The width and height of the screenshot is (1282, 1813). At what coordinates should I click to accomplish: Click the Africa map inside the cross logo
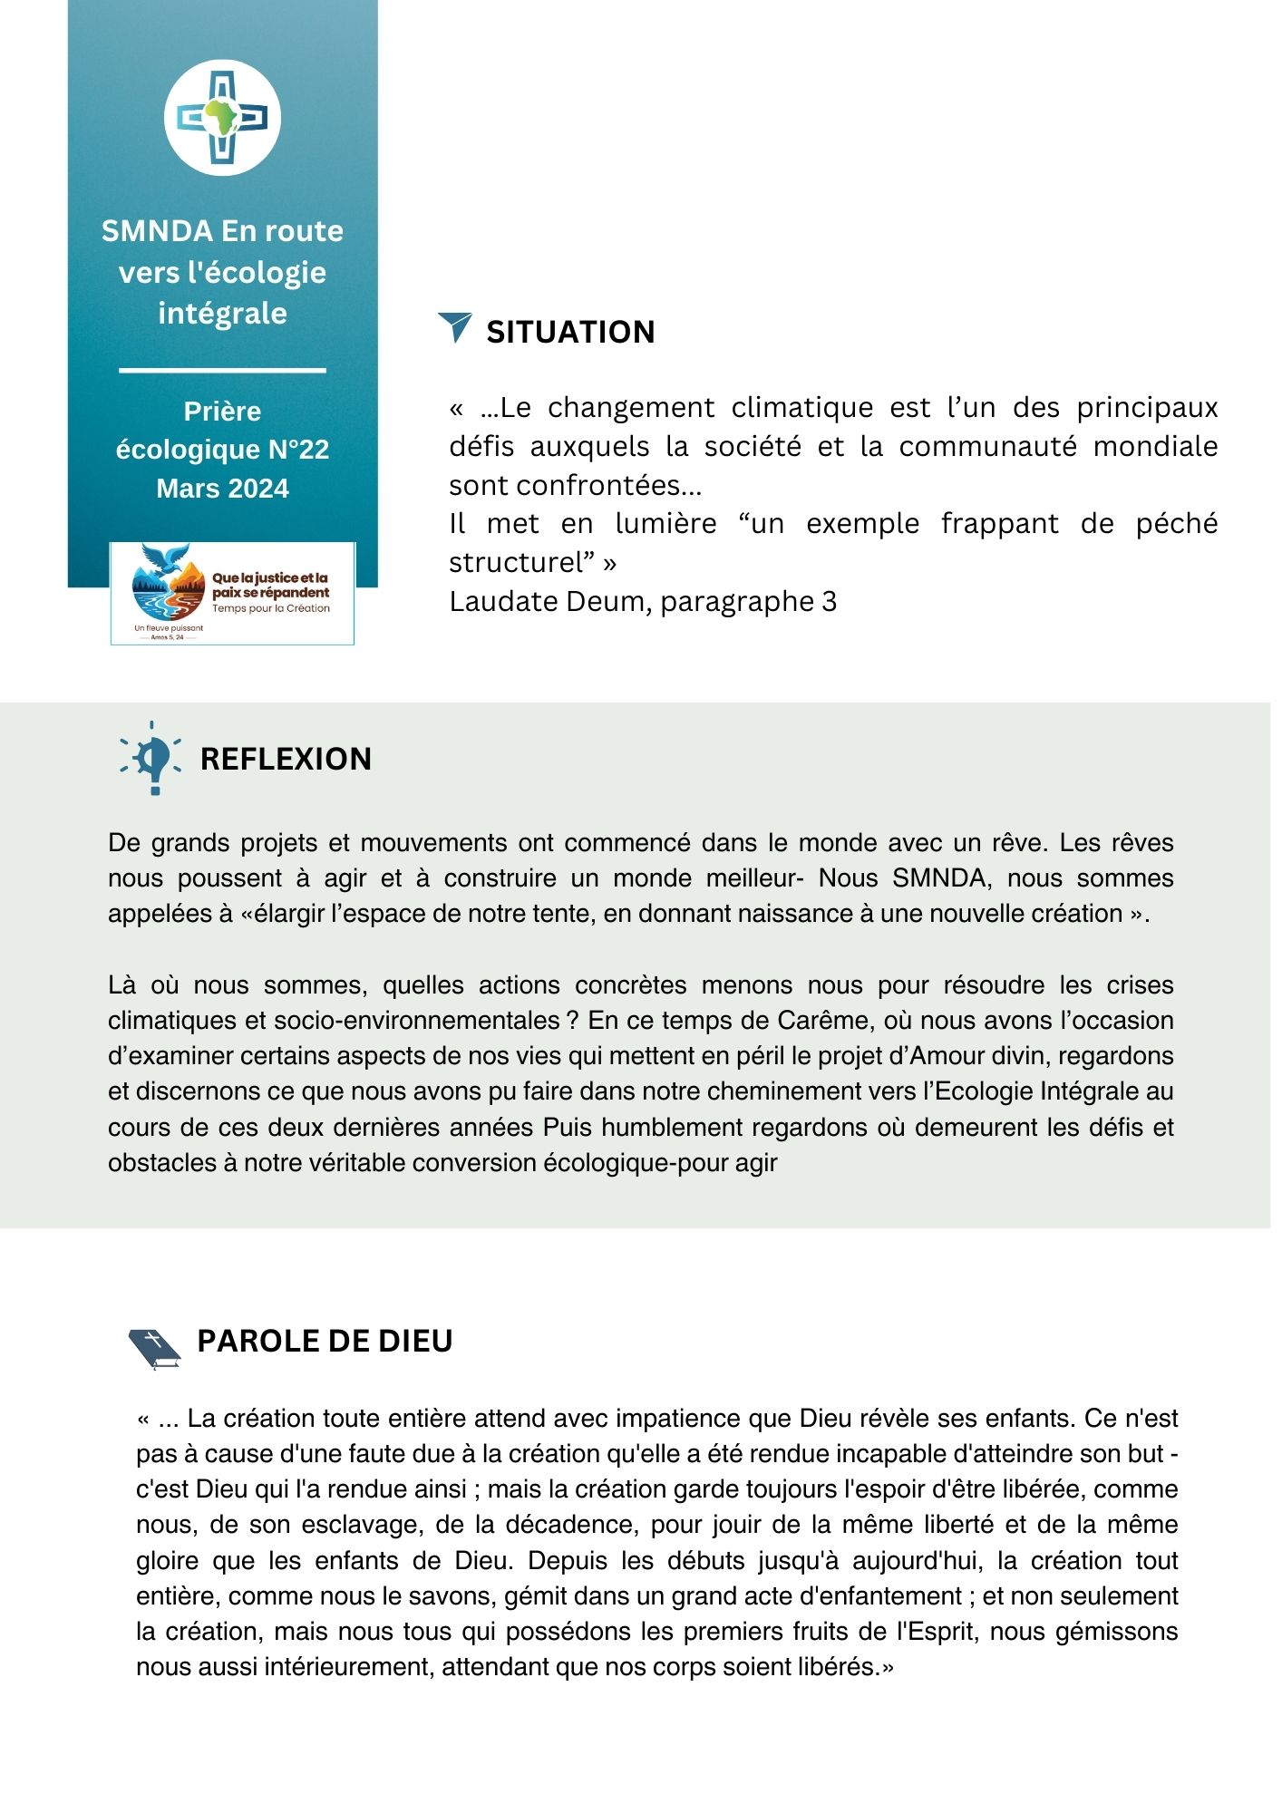(222, 118)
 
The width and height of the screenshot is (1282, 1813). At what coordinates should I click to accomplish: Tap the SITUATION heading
(570, 332)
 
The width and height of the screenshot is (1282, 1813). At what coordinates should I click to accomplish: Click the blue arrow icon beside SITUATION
(455, 326)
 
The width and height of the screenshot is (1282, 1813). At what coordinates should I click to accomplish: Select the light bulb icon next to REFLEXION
(151, 757)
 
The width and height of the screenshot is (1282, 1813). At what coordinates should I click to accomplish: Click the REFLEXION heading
(286, 759)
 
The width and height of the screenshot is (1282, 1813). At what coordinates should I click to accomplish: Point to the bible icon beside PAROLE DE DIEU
(155, 1348)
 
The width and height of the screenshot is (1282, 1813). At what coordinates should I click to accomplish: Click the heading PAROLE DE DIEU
(325, 1341)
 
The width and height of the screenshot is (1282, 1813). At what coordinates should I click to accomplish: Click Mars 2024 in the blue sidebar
(222, 489)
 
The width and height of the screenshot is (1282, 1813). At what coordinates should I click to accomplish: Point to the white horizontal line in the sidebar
(222, 371)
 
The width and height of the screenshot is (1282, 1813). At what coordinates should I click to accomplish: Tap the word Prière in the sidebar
(222, 412)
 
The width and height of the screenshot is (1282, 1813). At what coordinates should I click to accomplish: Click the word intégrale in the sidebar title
(222, 313)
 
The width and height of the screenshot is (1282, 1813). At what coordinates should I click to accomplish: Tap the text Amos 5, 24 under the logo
(168, 637)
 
